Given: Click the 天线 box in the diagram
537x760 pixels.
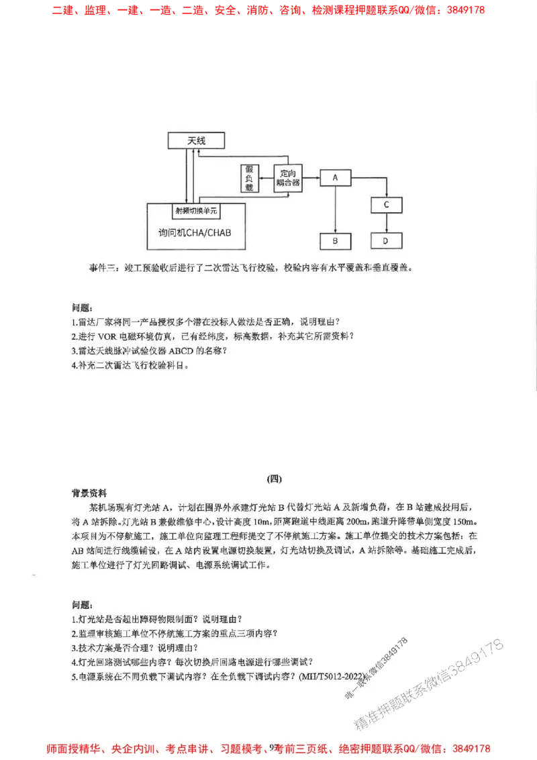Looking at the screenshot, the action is click(196, 140).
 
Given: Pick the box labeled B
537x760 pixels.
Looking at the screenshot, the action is click(334, 240).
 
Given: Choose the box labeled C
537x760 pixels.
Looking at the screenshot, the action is click(386, 204).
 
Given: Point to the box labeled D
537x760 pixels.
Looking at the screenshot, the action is click(386, 240).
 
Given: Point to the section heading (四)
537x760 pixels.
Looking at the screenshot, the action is click(275, 479).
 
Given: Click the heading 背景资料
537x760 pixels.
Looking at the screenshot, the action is click(89, 492).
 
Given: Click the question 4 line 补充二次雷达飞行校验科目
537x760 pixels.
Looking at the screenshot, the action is click(130, 366).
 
